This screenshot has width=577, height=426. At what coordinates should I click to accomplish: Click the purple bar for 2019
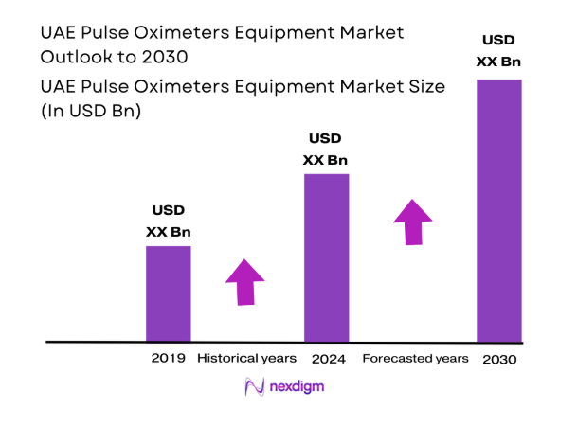click(x=168, y=293)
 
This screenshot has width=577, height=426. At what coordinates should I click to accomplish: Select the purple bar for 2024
click(x=326, y=257)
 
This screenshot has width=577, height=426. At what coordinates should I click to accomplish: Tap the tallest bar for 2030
click(x=498, y=210)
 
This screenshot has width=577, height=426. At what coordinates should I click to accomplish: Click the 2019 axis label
click(x=168, y=359)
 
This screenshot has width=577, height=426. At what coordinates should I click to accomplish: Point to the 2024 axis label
click(x=328, y=359)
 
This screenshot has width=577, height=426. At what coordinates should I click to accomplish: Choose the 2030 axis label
click(x=498, y=360)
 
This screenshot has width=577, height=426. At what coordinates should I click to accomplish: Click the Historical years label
click(x=246, y=359)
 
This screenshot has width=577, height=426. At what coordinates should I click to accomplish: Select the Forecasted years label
click(x=415, y=359)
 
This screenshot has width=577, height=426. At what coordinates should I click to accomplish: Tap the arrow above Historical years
click(x=245, y=281)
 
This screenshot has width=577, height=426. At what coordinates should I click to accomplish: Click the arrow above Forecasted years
click(x=413, y=222)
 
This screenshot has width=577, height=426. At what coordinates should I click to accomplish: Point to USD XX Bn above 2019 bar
click(x=168, y=221)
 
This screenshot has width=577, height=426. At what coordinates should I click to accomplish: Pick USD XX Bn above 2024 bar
click(x=325, y=149)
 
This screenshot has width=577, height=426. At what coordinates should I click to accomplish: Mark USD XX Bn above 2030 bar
click(x=499, y=51)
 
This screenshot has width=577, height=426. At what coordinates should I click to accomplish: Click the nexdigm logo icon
click(x=254, y=387)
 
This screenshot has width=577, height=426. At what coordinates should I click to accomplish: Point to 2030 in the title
click(x=164, y=57)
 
